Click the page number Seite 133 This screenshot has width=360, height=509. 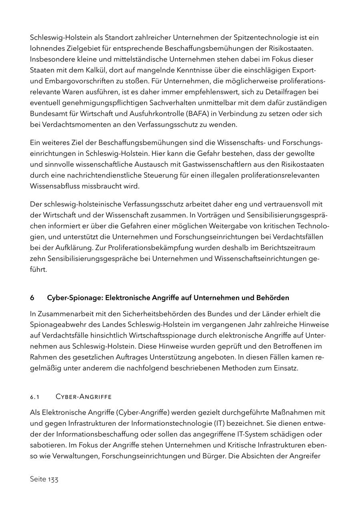[44, 479]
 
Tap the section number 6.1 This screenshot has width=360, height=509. [35, 397]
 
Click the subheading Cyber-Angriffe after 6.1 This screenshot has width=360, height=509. [83, 397]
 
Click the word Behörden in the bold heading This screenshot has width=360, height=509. [274, 298]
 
